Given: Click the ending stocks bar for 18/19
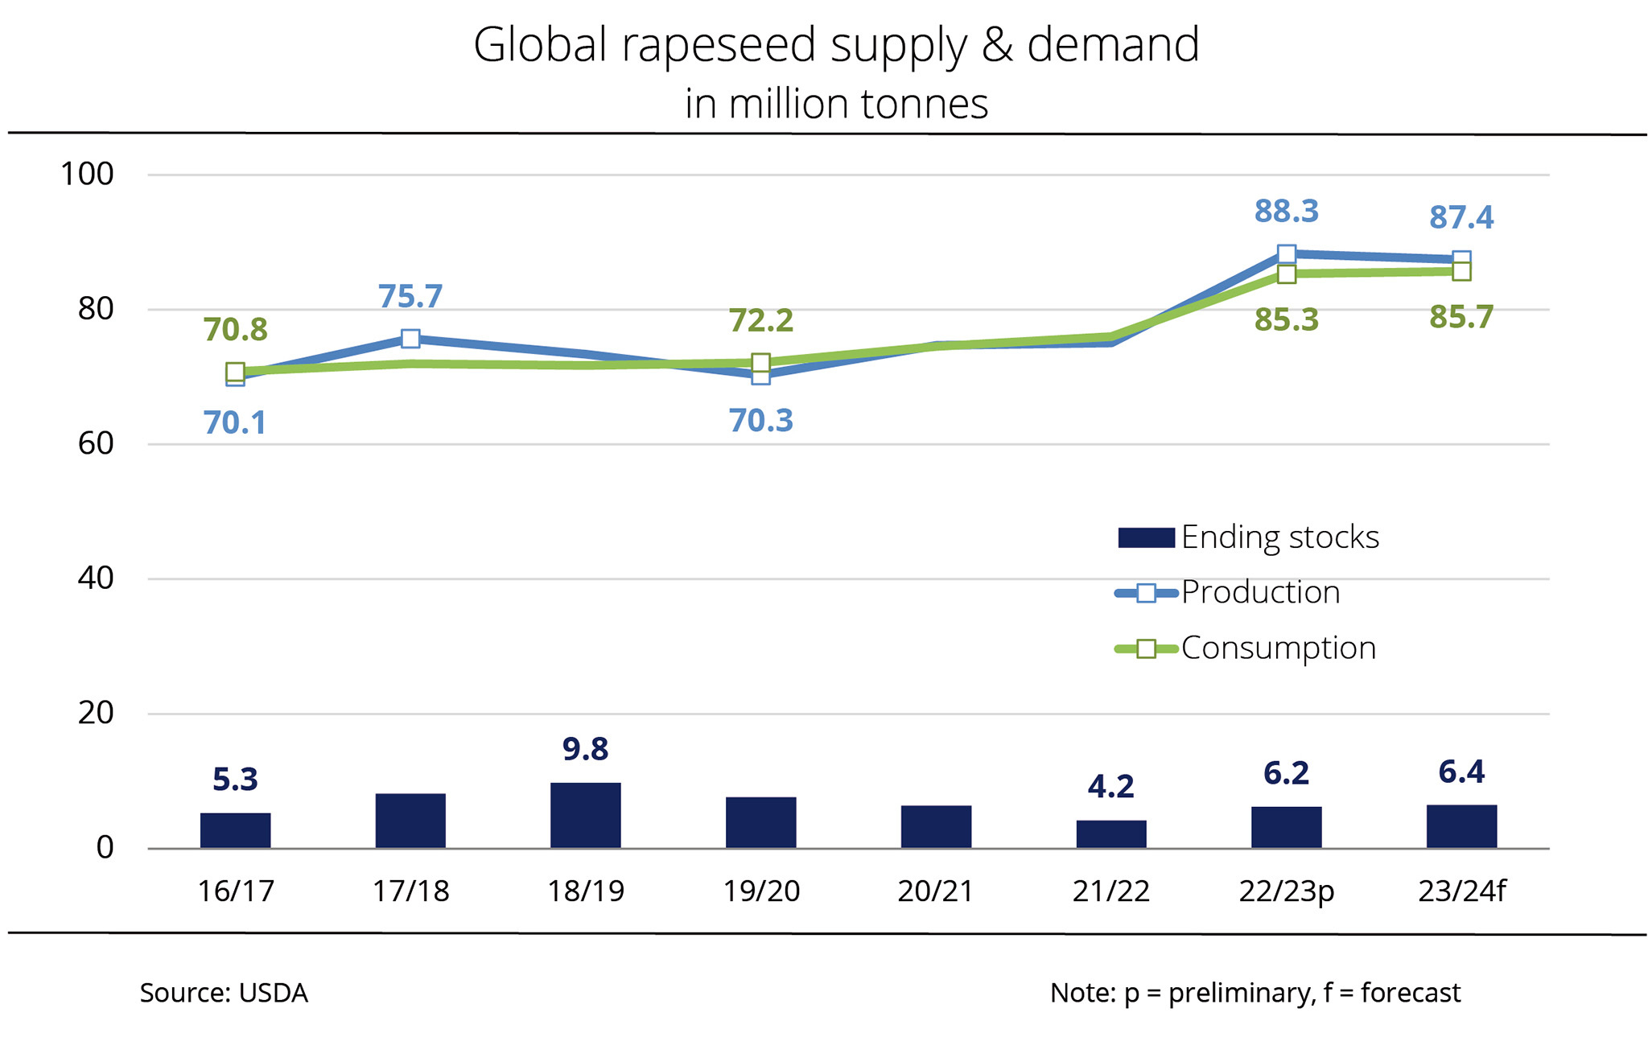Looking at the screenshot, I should [585, 815].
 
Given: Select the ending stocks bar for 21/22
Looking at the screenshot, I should [1110, 834].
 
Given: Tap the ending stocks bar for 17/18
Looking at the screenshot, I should [410, 821].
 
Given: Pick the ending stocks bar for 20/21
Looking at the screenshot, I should [936, 826].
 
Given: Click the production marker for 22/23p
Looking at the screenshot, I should [1286, 255].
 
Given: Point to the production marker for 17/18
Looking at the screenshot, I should [410, 339].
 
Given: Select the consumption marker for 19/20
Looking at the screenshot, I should [760, 363].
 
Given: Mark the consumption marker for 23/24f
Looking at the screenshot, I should [1461, 272].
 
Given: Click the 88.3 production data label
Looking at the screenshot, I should [1286, 212].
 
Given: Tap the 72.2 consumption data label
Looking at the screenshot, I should [760, 321].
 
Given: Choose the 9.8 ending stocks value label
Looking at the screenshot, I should [585, 749].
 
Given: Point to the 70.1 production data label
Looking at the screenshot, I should [234, 423].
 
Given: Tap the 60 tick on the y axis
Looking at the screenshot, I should [96, 444].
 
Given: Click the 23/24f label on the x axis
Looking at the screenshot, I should [1461, 891].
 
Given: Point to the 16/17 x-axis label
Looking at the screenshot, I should [235, 891].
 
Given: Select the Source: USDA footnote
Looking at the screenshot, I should [224, 993].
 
